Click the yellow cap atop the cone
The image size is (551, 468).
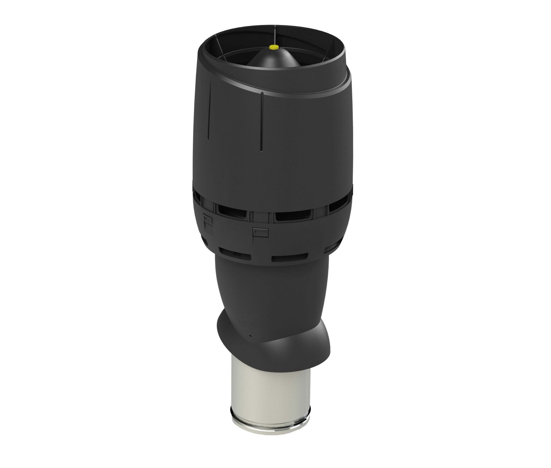pyautogui.click(x=274, y=48)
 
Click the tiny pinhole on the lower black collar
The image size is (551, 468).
pyautogui.click(x=250, y=335)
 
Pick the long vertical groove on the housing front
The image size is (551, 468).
pyautogui.click(x=262, y=121)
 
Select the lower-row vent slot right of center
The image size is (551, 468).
pyautogui.click(x=290, y=257)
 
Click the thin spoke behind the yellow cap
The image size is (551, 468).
pyautogui.click(x=275, y=35)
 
